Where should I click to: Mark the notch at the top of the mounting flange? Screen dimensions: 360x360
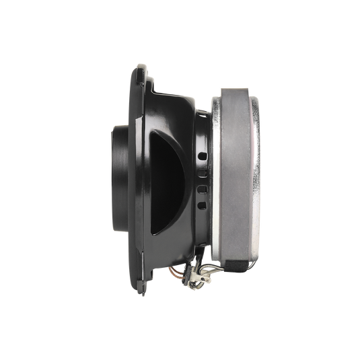pyautogui.click(x=143, y=67)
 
